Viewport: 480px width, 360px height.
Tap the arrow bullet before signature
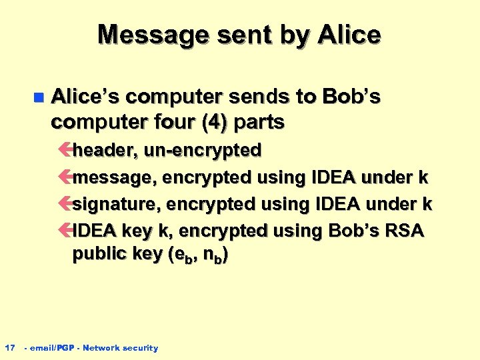coord(65,204)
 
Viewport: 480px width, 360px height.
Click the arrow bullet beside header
coord(65,151)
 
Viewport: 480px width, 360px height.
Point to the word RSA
coord(401,230)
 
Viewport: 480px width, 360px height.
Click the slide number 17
coord(10,347)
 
